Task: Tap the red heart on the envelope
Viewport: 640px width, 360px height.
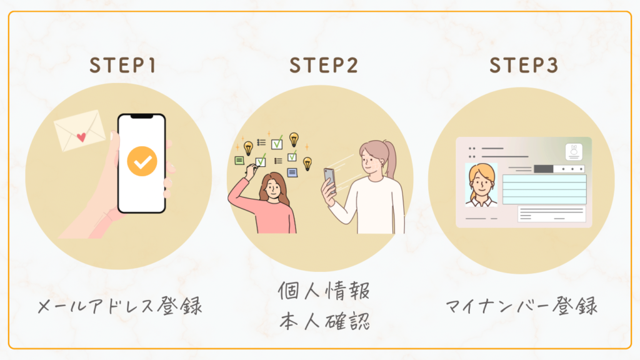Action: [x=81, y=136]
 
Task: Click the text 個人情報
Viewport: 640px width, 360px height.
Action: [x=324, y=291]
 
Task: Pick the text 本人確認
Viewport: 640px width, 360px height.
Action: [x=324, y=322]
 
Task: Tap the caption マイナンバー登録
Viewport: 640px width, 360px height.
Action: [x=522, y=307]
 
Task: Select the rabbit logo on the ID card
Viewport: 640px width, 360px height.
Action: [x=573, y=151]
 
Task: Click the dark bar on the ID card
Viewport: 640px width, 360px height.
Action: [x=544, y=169]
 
